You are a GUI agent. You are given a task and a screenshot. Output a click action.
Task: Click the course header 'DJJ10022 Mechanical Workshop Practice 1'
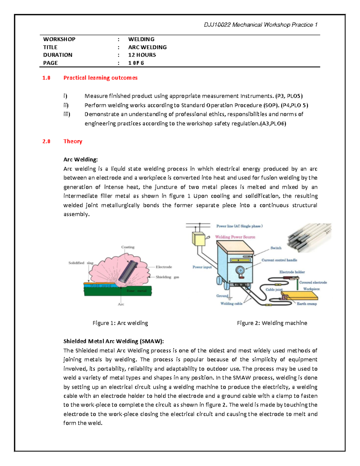[260, 25]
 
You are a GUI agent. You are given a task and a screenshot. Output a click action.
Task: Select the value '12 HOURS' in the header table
[142, 55]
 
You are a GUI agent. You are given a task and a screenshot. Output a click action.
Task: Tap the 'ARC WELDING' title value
[147, 47]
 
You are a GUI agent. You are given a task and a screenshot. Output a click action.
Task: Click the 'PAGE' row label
[50, 63]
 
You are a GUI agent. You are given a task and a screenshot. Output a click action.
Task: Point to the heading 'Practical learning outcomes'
[100, 78]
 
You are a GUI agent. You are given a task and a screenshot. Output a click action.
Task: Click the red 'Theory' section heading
[73, 141]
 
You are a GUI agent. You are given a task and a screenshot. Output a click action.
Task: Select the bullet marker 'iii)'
[67, 114]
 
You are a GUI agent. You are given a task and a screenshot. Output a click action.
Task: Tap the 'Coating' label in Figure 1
[128, 247]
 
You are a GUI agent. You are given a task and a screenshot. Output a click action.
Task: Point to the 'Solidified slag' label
[81, 263]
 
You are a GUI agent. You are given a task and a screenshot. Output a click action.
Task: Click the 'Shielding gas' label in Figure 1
[167, 277]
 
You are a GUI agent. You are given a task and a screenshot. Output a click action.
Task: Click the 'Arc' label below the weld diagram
[121, 304]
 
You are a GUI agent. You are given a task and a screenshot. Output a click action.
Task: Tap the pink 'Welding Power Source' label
[235, 237]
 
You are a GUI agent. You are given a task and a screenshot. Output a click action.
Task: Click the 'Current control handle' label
[279, 260]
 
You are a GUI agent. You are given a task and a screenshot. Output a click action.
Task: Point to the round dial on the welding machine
[240, 270]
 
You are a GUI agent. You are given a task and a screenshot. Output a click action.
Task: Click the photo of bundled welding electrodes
[309, 237]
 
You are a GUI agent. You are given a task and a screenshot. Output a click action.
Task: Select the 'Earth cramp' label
[307, 304]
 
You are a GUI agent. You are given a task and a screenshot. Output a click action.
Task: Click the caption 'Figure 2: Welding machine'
[272, 323]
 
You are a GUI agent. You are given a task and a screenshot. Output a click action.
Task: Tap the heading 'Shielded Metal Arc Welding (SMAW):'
[114, 341]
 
